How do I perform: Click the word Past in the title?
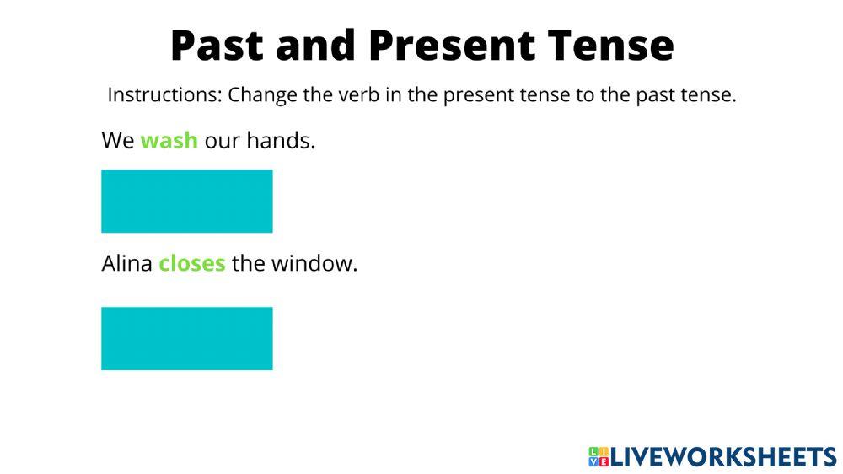[x=217, y=46]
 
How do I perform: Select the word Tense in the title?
[x=610, y=46]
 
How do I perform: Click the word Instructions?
[x=164, y=94]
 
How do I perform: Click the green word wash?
[x=169, y=140]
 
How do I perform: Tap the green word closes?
[x=192, y=264]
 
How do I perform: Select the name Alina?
[x=127, y=264]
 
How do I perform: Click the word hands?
[x=281, y=140]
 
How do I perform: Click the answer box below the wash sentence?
[x=187, y=202]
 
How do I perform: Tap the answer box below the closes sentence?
[x=187, y=338]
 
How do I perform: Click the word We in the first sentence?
[x=118, y=140]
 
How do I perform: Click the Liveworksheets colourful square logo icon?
[x=599, y=456]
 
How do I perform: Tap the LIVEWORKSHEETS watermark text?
[x=723, y=456]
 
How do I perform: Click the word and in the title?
[x=316, y=46]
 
